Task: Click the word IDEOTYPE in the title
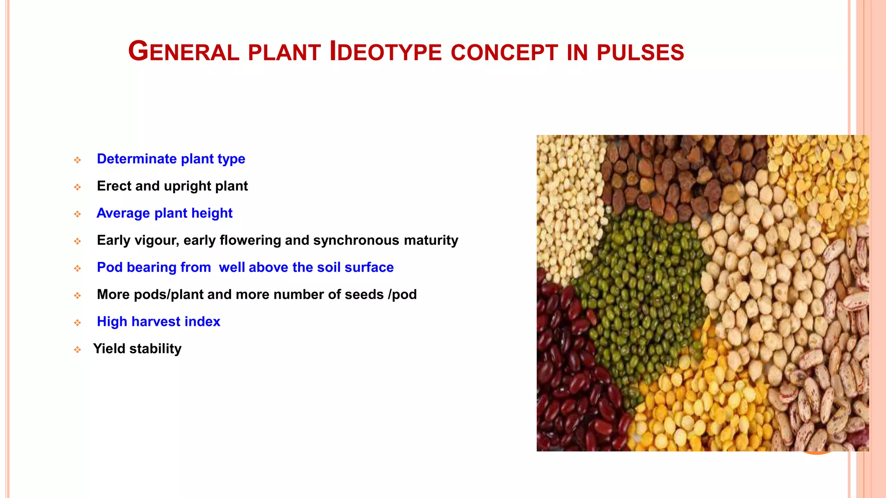[385, 52]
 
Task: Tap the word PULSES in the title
[640, 53]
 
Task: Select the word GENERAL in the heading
[183, 52]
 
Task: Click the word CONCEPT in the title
[504, 53]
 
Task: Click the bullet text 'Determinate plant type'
[171, 159]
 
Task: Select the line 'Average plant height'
[164, 213]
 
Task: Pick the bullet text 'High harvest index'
[158, 322]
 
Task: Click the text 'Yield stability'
[137, 349]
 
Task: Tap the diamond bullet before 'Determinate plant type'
[77, 160]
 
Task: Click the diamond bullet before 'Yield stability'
[77, 350]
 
